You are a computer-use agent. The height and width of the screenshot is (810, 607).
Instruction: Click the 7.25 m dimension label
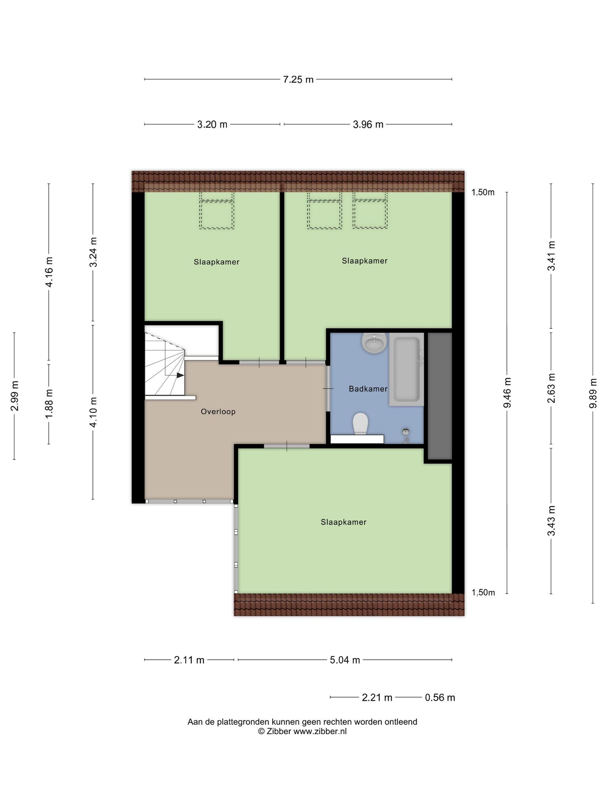click(298, 79)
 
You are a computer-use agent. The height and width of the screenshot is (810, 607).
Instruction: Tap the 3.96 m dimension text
click(368, 125)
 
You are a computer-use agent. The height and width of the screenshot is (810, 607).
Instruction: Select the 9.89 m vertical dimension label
click(593, 394)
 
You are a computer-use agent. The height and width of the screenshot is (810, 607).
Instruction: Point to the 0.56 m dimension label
click(440, 697)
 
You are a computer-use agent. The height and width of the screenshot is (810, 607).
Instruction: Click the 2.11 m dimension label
click(189, 660)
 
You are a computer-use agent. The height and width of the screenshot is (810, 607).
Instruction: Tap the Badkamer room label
click(368, 389)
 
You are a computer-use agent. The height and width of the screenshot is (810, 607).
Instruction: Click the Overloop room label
click(218, 412)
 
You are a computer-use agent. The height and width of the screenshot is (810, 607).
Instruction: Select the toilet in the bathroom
click(360, 424)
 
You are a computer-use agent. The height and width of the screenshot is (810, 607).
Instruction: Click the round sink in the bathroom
click(374, 343)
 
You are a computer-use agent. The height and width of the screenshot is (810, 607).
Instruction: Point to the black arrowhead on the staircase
click(180, 375)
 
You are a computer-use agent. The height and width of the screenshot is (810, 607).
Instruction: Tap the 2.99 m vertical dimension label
click(15, 396)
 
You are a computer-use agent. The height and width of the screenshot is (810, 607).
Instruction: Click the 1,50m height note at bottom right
click(483, 592)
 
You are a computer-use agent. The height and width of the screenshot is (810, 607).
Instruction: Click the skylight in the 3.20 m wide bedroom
click(217, 214)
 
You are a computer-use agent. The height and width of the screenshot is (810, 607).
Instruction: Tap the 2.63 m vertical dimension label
click(551, 388)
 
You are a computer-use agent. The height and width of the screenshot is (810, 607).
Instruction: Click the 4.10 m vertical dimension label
click(93, 412)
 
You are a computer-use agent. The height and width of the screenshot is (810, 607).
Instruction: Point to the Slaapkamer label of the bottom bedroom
click(343, 522)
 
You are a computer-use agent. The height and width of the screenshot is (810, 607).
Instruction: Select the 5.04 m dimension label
click(345, 660)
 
